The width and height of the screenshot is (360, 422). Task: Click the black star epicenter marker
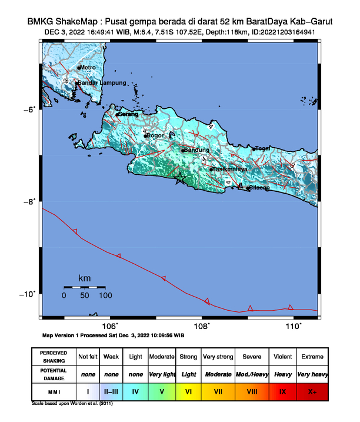coord(180,180)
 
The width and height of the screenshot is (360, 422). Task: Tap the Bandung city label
coord(197,149)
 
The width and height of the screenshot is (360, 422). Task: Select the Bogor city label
coord(155,135)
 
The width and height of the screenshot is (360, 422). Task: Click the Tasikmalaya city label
coord(230,169)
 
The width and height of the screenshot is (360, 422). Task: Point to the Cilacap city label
coord(259,188)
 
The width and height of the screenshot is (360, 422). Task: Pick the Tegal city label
coord(262,148)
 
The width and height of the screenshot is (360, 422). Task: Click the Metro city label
coord(86,68)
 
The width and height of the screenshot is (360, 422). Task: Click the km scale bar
coord(85,287)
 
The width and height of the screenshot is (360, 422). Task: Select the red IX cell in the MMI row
coord(282,391)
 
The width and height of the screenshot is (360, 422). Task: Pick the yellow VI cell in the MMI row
coord(188,391)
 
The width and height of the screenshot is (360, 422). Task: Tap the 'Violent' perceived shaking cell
coord(282,357)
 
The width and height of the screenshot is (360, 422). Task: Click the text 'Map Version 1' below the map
coord(66,335)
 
